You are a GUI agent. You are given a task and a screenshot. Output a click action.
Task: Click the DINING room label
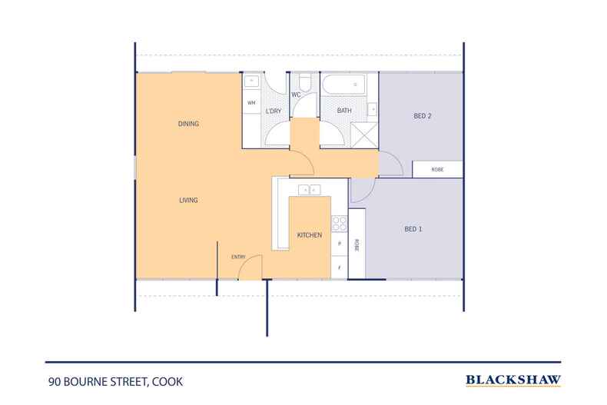188,124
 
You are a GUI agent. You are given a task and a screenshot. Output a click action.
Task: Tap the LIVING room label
188,200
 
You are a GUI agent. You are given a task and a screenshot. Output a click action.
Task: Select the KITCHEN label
310,235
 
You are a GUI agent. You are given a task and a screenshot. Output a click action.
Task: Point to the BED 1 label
413,228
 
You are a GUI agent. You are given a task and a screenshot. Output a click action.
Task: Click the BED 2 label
423,116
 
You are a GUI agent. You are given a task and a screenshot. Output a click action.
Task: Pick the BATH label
345,111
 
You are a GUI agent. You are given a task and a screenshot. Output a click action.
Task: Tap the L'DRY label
274,111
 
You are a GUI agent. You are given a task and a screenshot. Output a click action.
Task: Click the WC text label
296,95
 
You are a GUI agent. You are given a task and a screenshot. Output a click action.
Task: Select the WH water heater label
251,103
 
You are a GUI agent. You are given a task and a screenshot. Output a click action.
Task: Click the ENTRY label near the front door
238,257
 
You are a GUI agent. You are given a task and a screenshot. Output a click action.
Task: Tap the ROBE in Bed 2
437,169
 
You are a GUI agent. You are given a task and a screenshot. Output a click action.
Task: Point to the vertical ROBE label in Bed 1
357,244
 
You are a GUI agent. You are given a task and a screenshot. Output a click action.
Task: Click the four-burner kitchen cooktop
339,223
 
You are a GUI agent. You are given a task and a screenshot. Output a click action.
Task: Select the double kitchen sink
308,189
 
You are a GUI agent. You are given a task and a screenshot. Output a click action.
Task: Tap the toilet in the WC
304,83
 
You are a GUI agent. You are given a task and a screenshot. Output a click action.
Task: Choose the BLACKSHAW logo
512,380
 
